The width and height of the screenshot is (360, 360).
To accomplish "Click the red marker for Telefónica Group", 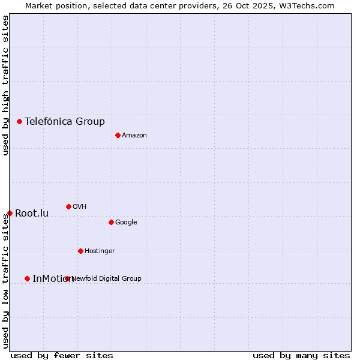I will (x=19, y=121).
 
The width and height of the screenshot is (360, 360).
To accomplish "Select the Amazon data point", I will (x=118, y=135).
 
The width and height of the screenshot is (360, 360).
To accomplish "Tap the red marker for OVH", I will (x=68, y=206).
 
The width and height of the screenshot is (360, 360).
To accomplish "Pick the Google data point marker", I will (x=111, y=222).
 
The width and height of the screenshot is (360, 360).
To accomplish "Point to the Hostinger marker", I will (x=80, y=251).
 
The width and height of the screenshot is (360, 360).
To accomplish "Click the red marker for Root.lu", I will (x=10, y=213).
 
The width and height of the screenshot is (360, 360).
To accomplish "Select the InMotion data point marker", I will (x=27, y=278).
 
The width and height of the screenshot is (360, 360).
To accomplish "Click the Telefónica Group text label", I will (x=65, y=121).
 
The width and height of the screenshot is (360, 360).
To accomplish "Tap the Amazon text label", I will (x=134, y=135).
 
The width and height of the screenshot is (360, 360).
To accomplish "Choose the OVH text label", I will (x=80, y=206).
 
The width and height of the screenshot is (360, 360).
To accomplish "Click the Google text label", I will (x=126, y=222).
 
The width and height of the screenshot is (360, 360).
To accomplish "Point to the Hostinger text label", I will (x=100, y=251).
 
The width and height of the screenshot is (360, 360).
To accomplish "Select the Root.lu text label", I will (x=32, y=213).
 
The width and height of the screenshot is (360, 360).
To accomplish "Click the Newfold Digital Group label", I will (x=107, y=278).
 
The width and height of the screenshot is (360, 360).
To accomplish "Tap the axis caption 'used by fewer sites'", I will (x=62, y=355).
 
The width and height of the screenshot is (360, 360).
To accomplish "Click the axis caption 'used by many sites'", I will (x=301, y=355).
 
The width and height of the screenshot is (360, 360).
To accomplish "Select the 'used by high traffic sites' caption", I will (x=5, y=85).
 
